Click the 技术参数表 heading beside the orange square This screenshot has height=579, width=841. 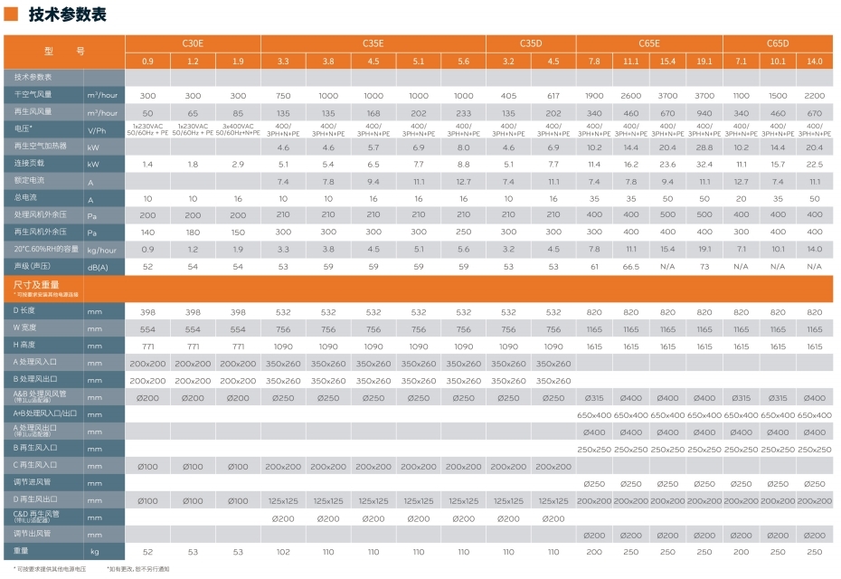point(67,14)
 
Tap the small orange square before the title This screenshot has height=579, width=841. point(12,14)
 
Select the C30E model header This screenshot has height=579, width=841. point(193,43)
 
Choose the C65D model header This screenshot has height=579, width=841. point(778,43)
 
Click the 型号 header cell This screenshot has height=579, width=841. point(64,52)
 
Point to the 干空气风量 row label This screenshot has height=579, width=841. point(33,95)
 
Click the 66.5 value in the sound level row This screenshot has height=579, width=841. point(630,267)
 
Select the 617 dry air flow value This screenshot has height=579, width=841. point(553,95)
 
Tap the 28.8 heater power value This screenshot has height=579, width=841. point(704,147)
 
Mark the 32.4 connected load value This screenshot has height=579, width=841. point(704,165)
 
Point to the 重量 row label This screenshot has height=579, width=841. point(23,551)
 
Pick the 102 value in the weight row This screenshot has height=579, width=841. point(283,551)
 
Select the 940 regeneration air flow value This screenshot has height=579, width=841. point(704,112)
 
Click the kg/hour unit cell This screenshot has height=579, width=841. point(102,250)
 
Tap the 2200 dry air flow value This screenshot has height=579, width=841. point(814,95)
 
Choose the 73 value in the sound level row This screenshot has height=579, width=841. point(704,267)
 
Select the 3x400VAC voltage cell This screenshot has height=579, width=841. point(238,129)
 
